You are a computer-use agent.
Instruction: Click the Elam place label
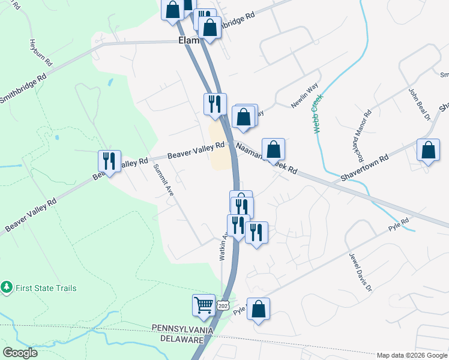tap(188, 41)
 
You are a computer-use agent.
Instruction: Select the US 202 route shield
tap(223, 305)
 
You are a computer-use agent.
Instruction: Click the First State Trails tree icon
tap(7, 288)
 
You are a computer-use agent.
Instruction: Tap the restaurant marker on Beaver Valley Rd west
tap(109, 161)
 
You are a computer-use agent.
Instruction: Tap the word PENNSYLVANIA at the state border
tap(183, 329)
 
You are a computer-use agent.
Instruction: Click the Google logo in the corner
tap(20, 353)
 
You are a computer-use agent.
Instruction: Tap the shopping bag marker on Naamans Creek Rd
tap(273, 149)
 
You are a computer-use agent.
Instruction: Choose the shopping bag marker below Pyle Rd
tap(258, 310)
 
